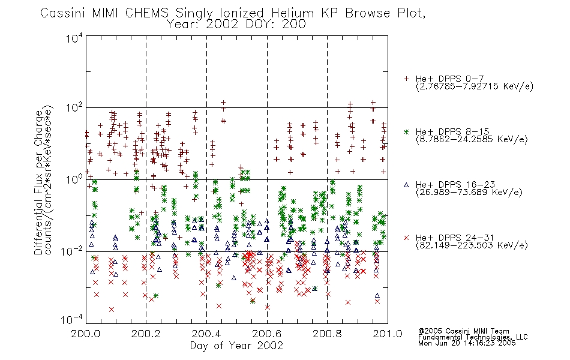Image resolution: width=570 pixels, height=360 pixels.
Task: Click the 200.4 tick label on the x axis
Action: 206,334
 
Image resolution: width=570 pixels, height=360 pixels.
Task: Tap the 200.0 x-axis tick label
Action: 85,334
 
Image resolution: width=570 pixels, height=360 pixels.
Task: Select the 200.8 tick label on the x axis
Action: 327,334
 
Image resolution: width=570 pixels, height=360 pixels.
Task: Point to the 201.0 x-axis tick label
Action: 388,334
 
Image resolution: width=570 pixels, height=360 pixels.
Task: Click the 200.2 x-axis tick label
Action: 146,334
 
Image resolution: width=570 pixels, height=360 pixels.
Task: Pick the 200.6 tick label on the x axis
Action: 267,334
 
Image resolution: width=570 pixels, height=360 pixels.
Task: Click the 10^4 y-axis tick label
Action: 74,38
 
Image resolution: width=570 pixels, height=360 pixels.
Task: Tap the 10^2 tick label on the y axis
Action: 74,108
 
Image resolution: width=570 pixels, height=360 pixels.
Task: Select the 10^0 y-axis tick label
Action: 74,179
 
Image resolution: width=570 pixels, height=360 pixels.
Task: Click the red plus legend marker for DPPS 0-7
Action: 406,79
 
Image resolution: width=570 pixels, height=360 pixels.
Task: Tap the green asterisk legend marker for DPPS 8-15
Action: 406,131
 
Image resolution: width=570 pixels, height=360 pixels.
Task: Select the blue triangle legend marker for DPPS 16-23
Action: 406,185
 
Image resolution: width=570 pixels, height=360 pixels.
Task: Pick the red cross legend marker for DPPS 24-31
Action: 406,238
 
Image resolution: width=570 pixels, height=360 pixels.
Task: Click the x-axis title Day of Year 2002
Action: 236,346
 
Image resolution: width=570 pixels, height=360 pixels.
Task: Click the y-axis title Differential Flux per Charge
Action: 38,182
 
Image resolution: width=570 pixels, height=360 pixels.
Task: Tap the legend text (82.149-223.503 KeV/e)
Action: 472,245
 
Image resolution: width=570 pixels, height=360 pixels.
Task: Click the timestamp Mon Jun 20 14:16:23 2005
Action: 467,343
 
